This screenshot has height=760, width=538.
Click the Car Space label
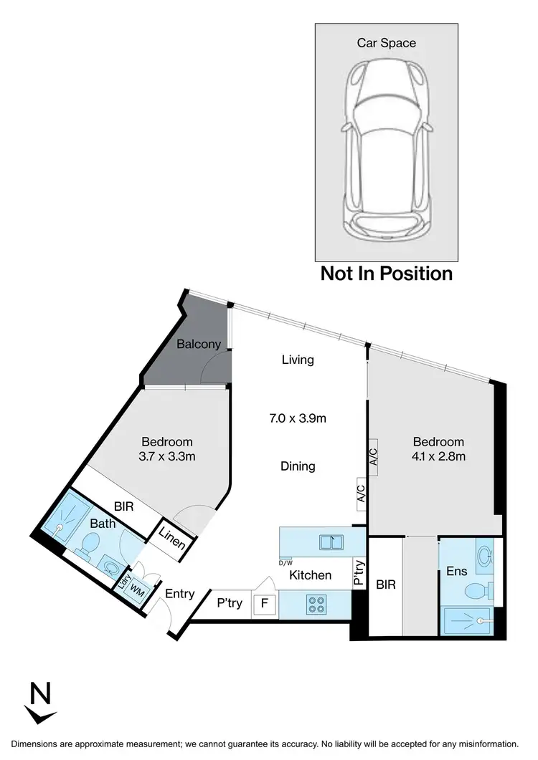coord(386,43)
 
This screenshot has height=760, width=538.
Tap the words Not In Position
coord(386,274)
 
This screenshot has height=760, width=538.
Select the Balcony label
coord(199,345)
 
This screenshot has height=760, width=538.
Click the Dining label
coord(298,466)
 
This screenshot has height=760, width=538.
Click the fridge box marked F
coord(264,603)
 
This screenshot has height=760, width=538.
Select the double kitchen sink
coord(331,542)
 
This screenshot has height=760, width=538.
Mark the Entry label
coord(179,594)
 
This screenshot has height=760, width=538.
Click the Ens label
coord(457,571)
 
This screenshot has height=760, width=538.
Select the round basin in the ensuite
coord(484,554)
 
